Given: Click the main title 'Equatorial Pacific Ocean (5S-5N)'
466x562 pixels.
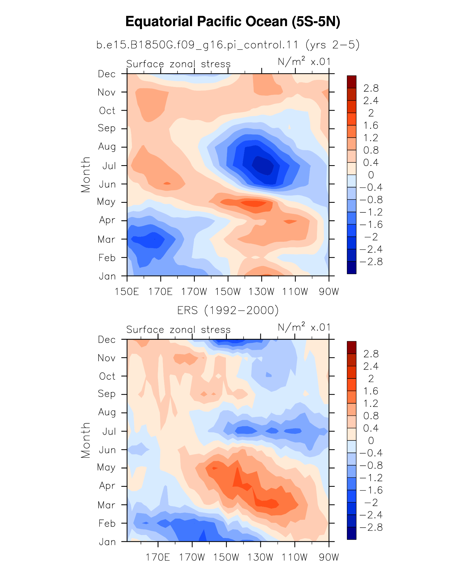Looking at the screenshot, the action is pyautogui.click(x=233, y=22).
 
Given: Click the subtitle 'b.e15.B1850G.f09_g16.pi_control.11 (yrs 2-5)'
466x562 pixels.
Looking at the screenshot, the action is pyautogui.click(x=228, y=45).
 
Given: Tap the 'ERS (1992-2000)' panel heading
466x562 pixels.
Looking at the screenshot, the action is pyautogui.click(x=228, y=310).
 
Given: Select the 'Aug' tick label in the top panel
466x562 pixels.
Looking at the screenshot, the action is pyautogui.click(x=107, y=147).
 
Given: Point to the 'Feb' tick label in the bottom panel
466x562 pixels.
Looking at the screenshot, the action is pyautogui.click(x=107, y=523).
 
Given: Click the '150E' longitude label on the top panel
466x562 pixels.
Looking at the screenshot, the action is pyautogui.click(x=127, y=292).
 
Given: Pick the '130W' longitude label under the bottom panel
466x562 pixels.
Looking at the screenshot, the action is pyautogui.click(x=261, y=557).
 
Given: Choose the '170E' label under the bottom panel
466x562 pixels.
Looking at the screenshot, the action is pyautogui.click(x=158, y=557).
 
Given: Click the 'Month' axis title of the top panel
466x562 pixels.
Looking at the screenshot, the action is pyautogui.click(x=86, y=175).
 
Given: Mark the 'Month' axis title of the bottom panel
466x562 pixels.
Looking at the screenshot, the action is pyautogui.click(x=86, y=440).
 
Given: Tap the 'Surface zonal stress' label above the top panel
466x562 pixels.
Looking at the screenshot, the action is pyautogui.click(x=178, y=64).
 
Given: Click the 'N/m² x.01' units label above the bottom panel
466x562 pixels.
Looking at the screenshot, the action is pyautogui.click(x=304, y=327).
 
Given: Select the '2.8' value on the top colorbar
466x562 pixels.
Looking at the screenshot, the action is pyautogui.click(x=371, y=88).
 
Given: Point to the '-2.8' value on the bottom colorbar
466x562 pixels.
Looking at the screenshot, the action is pyautogui.click(x=371, y=527).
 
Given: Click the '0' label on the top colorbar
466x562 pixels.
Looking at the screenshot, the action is pyautogui.click(x=371, y=175).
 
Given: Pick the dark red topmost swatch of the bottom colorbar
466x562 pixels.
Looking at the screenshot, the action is pyautogui.click(x=352, y=348).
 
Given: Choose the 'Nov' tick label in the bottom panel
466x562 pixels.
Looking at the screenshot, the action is pyautogui.click(x=107, y=358).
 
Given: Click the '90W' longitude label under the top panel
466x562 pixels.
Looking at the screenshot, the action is pyautogui.click(x=329, y=292).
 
